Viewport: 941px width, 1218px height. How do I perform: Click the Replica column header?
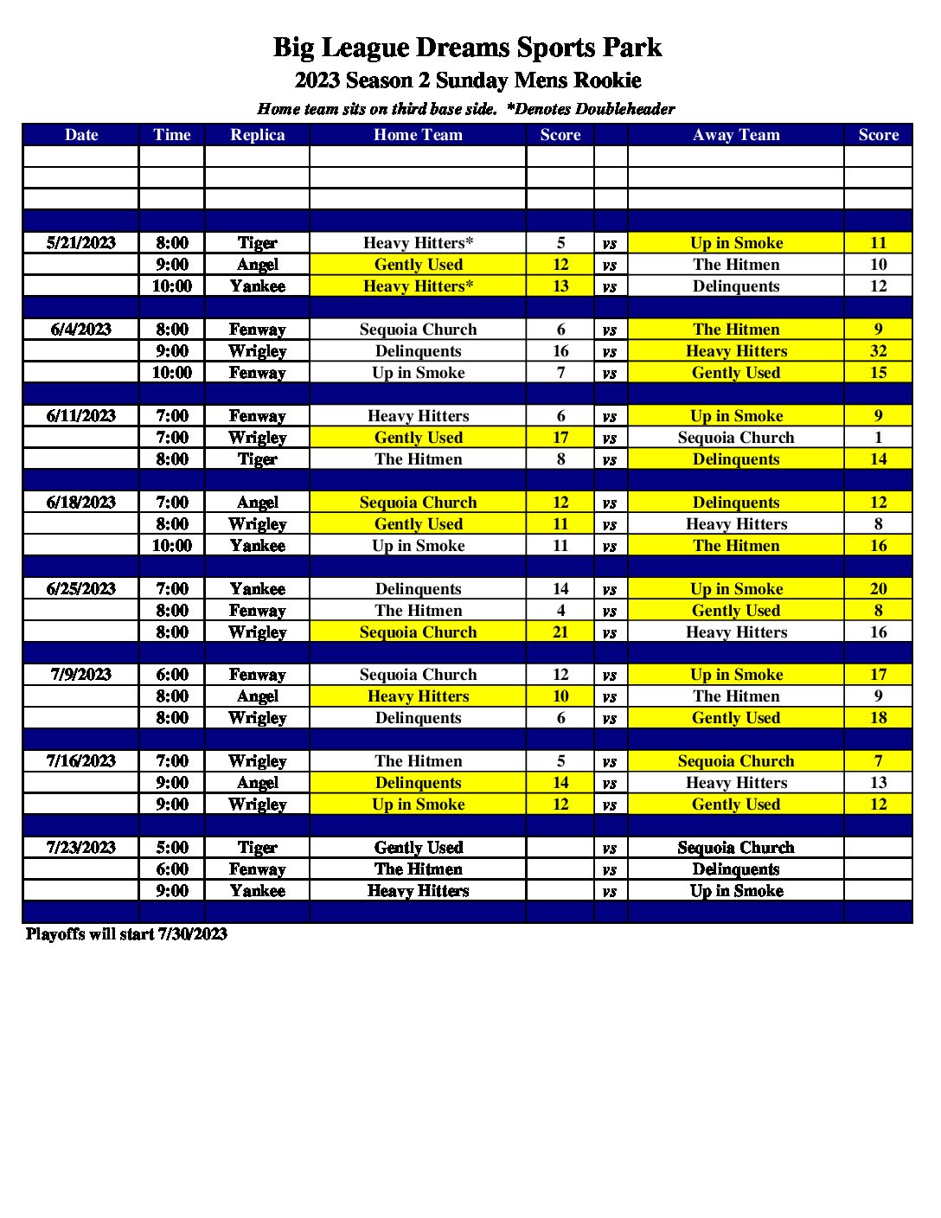pyautogui.click(x=257, y=135)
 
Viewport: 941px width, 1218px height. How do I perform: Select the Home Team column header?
pyautogui.click(x=418, y=135)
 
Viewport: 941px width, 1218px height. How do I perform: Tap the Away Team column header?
pyautogui.click(x=736, y=135)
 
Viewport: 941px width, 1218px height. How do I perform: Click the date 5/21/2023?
pyautogui.click(x=81, y=243)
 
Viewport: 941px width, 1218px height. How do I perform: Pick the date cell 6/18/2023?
pyautogui.click(x=81, y=503)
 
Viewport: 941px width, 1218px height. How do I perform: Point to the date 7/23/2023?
pyautogui.click(x=81, y=848)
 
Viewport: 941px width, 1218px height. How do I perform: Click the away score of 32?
pyautogui.click(x=878, y=351)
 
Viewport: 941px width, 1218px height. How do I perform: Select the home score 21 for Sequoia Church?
pyautogui.click(x=560, y=632)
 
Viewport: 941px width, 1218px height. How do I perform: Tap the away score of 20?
pyautogui.click(x=878, y=589)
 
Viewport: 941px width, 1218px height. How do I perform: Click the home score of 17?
pyautogui.click(x=560, y=438)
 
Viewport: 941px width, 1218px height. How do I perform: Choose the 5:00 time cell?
pyautogui.click(x=172, y=848)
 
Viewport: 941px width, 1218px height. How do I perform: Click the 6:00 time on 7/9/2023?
pyautogui.click(x=172, y=675)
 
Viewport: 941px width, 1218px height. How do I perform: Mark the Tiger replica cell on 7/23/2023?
pyautogui.click(x=257, y=848)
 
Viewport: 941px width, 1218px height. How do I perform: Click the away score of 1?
pyautogui.click(x=878, y=438)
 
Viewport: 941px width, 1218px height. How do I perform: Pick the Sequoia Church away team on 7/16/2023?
pyautogui.click(x=736, y=761)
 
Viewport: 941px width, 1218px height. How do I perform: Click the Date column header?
pyautogui.click(x=81, y=135)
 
